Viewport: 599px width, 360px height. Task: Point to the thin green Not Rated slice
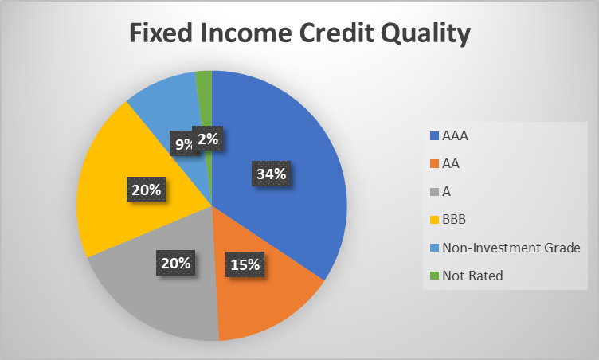click(205, 88)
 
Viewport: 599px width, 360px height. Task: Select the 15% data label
click(244, 264)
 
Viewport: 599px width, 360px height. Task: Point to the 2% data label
click(209, 140)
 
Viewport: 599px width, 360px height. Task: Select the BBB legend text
click(454, 219)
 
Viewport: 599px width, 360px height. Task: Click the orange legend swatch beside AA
click(434, 164)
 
